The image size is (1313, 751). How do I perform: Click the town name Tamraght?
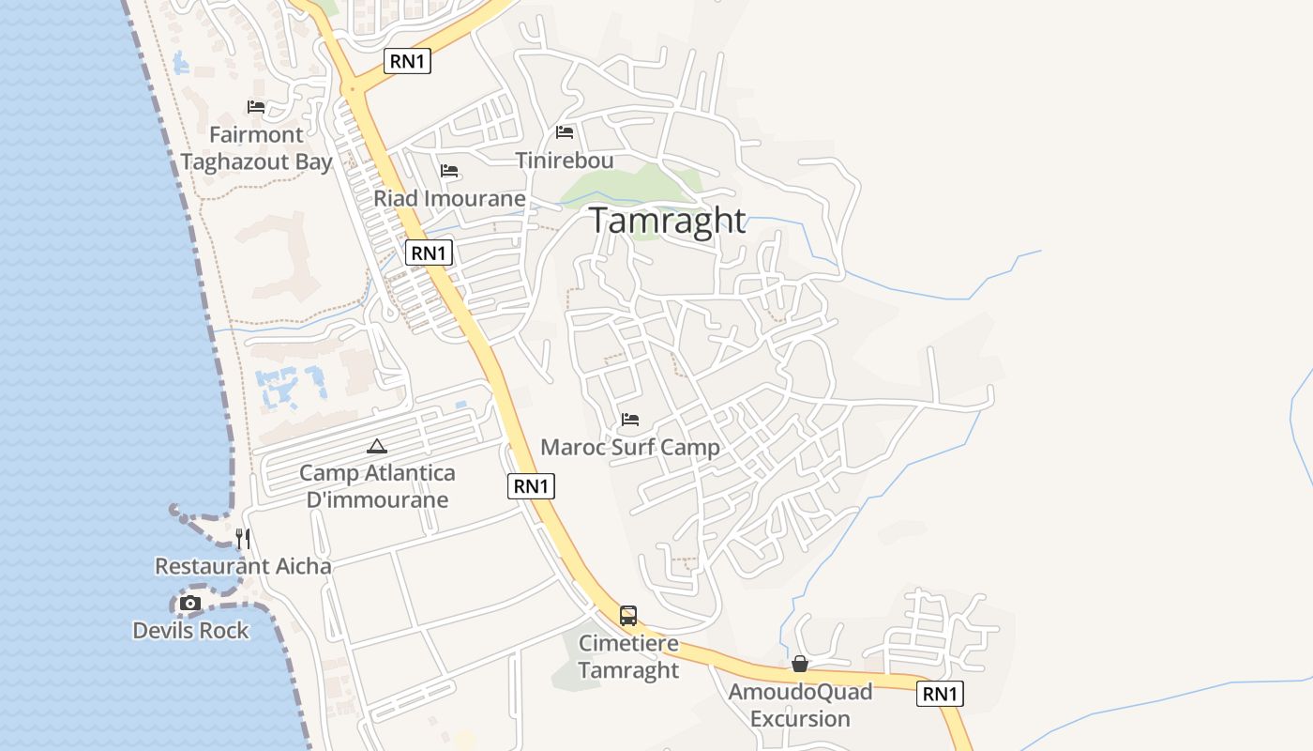pos(668,220)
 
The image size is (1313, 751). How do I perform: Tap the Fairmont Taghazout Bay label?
pos(256,148)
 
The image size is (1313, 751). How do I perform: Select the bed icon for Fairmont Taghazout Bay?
pos(256,107)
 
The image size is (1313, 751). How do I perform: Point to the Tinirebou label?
pos(565,161)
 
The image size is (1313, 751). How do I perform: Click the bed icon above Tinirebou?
pos(565,132)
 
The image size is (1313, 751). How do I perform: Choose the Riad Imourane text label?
pos(449,199)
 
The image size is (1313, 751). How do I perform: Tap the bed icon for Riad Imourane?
pos(449,171)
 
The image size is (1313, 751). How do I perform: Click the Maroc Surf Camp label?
pos(630,448)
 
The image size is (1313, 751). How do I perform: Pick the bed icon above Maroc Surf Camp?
pos(630,420)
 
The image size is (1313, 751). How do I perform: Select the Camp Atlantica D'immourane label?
pos(377,486)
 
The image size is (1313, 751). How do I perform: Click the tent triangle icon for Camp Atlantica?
pos(377,447)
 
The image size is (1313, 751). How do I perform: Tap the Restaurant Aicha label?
pos(243,566)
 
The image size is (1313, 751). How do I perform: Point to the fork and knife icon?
pos(243,538)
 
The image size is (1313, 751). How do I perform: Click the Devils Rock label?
pos(190,631)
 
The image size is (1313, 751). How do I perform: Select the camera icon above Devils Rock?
pos(190,603)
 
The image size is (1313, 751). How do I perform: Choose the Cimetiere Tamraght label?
pos(628,657)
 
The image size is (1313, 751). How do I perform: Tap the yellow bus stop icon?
pos(628,616)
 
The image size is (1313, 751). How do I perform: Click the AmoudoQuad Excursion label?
pos(800,705)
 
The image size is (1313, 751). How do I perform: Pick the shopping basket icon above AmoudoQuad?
pos(800,665)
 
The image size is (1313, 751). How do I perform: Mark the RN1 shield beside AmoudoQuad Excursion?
pos(940,694)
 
